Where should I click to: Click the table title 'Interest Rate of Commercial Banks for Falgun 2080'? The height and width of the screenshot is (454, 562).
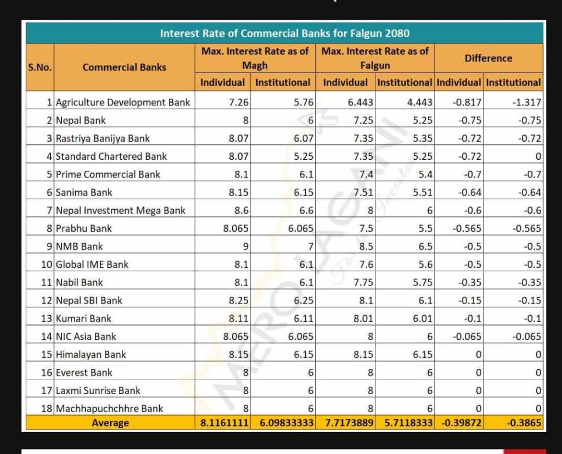click(x=285, y=33)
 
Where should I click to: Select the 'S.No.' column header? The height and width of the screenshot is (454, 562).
click(x=40, y=68)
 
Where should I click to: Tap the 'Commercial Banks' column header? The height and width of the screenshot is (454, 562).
click(x=125, y=68)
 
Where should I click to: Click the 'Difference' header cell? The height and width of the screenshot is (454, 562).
click(x=488, y=58)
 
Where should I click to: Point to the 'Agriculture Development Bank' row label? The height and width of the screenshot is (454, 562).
click(x=123, y=103)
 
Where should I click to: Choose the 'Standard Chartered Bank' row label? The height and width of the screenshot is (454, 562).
click(x=111, y=156)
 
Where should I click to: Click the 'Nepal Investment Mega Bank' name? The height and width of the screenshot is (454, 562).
click(x=120, y=210)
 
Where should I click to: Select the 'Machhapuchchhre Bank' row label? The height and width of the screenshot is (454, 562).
click(x=109, y=408)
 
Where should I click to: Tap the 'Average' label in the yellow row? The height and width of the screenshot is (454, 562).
click(x=110, y=423)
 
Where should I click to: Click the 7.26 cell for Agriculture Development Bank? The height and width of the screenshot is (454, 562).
click(x=238, y=103)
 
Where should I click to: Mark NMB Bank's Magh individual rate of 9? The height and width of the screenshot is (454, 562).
click(x=245, y=246)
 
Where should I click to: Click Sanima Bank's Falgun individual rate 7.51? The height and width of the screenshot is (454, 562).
click(x=363, y=193)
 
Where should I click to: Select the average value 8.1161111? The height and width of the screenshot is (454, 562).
click(x=224, y=423)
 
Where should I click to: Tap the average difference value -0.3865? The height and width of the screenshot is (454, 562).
click(x=524, y=423)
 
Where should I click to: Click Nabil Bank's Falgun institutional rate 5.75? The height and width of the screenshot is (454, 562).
click(x=423, y=283)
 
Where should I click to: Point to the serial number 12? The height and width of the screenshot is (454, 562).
click(x=47, y=300)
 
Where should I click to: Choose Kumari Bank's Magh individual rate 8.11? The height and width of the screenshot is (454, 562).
click(x=238, y=318)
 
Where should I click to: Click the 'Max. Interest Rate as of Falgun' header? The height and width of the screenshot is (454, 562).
click(x=375, y=58)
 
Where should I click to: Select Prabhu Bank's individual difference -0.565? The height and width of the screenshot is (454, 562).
click(x=467, y=228)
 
